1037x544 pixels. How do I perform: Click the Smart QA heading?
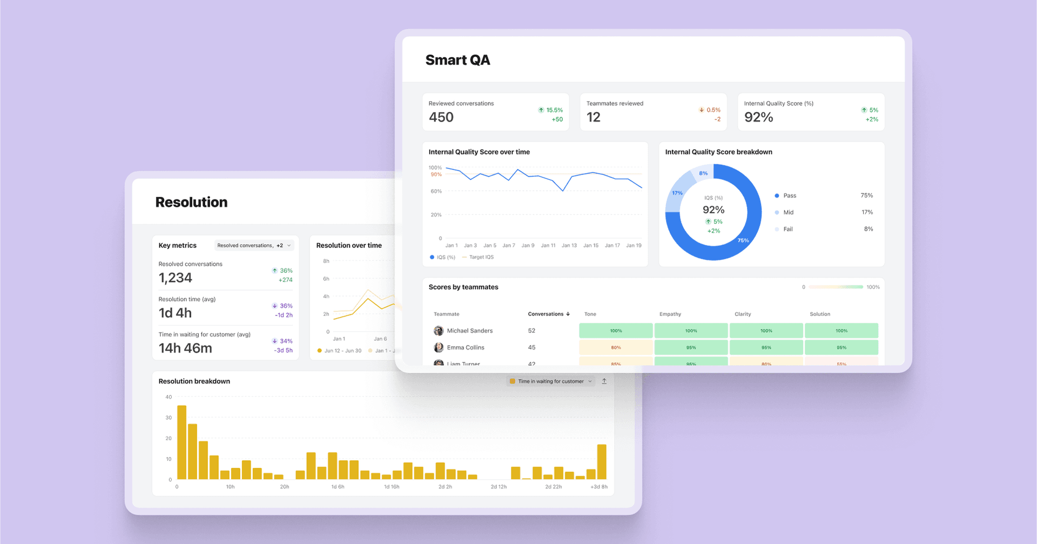click(457, 60)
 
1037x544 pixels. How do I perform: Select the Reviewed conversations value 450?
click(441, 117)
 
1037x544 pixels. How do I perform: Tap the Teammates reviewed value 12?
click(593, 117)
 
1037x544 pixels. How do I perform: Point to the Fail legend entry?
click(787, 229)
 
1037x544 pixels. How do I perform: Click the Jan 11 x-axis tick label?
click(548, 245)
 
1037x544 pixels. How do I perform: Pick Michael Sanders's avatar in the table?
click(439, 331)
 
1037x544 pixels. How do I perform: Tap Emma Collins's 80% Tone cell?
click(616, 347)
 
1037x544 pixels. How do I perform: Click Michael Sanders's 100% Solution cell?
click(841, 331)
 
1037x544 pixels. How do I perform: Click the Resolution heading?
click(191, 202)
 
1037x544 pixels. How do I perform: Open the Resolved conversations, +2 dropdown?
click(254, 245)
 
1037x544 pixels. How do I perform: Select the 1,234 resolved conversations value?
click(175, 278)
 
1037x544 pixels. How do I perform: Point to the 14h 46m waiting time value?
click(185, 348)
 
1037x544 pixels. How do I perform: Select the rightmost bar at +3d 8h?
click(602, 462)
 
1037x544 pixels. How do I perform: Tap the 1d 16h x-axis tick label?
click(392, 487)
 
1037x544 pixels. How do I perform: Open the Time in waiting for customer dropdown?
click(551, 381)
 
